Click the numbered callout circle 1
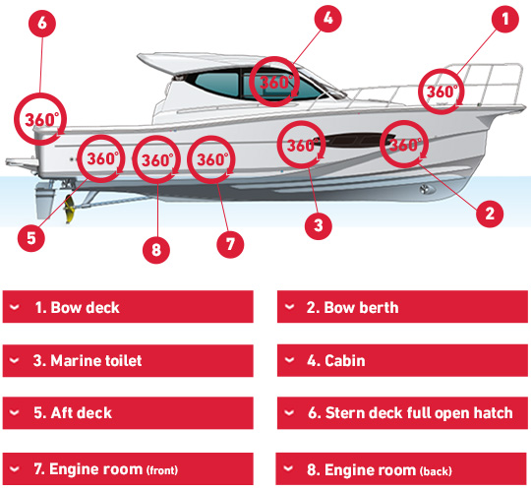[x=504, y=19]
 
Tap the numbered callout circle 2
[x=490, y=214]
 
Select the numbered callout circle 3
[x=319, y=225]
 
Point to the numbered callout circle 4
[x=327, y=19]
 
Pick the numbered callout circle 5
[x=31, y=238]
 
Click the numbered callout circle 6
[x=42, y=23]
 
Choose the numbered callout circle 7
[x=230, y=244]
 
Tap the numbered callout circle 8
[x=156, y=250]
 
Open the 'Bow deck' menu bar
[x=128, y=307]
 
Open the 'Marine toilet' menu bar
[x=128, y=360]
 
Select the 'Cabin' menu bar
[x=402, y=360]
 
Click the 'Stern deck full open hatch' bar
[x=402, y=413]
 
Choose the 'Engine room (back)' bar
[x=401, y=469]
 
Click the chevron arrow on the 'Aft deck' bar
[x=14, y=412]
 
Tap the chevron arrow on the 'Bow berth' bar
[x=289, y=307]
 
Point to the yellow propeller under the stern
[x=69, y=209]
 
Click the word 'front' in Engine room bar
[x=162, y=470]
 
